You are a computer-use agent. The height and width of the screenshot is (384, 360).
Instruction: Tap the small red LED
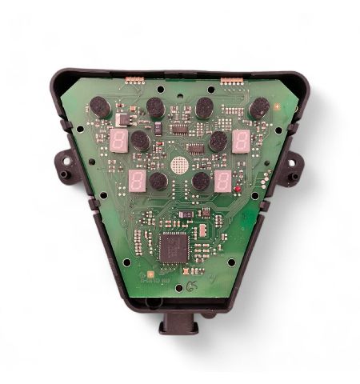pos(237,189)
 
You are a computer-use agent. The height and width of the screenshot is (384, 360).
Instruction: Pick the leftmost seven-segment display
pos(119,142)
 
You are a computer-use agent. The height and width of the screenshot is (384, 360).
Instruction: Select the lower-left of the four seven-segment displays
pos(136,180)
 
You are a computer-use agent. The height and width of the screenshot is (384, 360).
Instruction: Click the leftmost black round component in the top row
pos(101,106)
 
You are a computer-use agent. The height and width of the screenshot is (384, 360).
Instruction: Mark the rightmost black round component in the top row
pos(258,107)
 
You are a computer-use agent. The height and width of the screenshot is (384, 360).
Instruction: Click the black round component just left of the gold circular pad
pos(158,180)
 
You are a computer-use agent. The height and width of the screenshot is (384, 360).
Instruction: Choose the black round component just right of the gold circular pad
pos(200,180)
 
